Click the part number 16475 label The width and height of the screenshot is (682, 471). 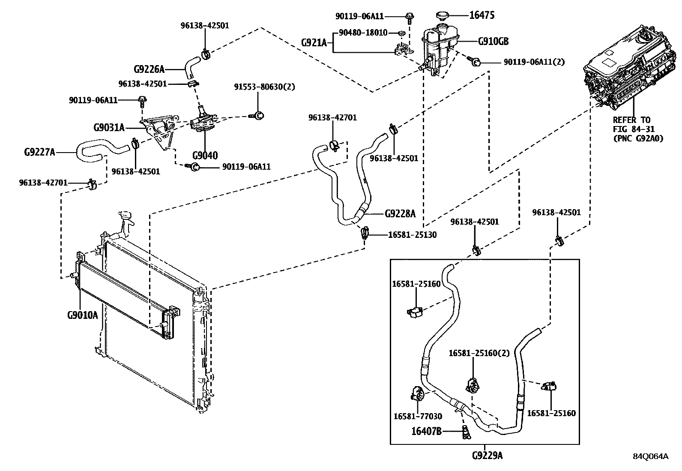click(x=482, y=16)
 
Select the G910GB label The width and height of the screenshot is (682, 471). click(x=493, y=42)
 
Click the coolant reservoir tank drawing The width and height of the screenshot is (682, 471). click(x=440, y=47)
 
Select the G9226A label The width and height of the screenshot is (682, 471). click(x=149, y=69)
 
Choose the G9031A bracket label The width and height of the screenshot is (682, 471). click(x=109, y=127)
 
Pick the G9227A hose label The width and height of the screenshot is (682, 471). click(x=39, y=152)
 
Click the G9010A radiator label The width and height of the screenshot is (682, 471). click(x=82, y=315)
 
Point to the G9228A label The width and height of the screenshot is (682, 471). click(x=400, y=213)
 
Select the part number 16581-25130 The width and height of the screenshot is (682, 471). click(x=413, y=235)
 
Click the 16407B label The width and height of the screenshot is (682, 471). click(x=426, y=431)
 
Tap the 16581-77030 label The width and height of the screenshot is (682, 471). click(x=418, y=416)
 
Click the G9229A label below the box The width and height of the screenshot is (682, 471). click(x=487, y=456)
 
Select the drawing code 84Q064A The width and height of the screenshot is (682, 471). click(x=651, y=456)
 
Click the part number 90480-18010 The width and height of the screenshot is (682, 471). click(x=363, y=33)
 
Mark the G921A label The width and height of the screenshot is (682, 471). click(x=314, y=42)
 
